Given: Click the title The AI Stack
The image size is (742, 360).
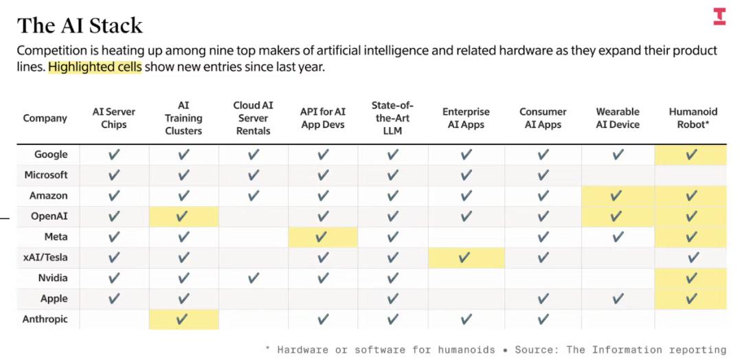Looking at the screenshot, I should [x=80, y=25].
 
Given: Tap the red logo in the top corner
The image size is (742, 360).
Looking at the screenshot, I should [x=719, y=16].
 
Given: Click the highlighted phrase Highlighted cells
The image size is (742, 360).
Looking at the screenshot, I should [x=95, y=67].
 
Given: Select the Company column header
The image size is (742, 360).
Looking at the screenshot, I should [x=45, y=118].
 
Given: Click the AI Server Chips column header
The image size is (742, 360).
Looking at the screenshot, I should [x=114, y=118].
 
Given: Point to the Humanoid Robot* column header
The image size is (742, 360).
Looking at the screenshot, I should [x=693, y=118].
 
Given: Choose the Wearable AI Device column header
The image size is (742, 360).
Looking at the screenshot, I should [x=617, y=118].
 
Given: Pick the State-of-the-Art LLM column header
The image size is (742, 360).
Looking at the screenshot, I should [x=392, y=118].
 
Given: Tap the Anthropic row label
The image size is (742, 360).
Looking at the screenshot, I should [x=45, y=319].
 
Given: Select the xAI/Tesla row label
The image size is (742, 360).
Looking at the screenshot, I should [x=45, y=258].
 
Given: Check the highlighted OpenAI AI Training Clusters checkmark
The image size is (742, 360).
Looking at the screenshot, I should [x=183, y=217].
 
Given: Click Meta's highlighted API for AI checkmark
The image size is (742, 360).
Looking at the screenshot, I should [x=322, y=238].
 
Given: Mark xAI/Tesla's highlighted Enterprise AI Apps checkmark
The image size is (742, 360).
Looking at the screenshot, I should [x=465, y=258].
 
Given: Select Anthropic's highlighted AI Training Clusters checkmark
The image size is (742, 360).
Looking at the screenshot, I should [x=183, y=319].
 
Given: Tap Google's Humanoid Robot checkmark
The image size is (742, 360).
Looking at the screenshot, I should [x=692, y=155].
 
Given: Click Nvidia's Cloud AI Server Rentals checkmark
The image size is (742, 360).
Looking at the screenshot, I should [x=253, y=279].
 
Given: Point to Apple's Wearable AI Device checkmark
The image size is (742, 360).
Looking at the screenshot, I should [x=618, y=299].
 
